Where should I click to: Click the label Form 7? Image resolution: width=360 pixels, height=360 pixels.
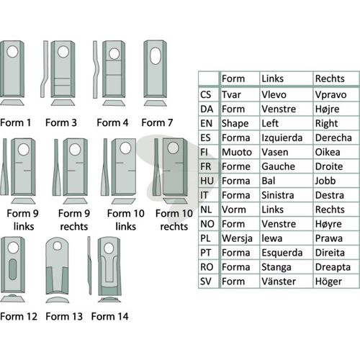(157, 122)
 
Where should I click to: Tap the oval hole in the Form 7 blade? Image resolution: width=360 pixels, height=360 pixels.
(155, 55)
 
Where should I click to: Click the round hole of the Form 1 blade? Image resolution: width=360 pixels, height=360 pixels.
(12, 52)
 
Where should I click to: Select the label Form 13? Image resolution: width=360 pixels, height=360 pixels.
(64, 316)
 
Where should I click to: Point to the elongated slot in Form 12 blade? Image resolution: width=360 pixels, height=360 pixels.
(12, 269)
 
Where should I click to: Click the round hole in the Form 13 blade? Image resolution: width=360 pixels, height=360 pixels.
(58, 246)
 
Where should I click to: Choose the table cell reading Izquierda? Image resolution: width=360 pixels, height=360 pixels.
(282, 138)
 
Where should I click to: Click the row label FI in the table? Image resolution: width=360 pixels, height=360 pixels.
(204, 152)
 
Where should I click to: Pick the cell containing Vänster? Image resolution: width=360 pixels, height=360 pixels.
(279, 282)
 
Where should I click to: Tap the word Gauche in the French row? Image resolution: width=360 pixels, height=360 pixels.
(278, 166)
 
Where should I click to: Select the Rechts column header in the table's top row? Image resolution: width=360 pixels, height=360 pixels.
(330, 78)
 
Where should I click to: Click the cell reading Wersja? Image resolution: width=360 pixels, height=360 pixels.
(237, 238)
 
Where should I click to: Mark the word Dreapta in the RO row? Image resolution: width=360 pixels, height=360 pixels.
(333, 267)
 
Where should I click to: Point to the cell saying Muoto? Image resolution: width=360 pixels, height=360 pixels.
(237, 152)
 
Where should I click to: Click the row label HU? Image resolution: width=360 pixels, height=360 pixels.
(207, 181)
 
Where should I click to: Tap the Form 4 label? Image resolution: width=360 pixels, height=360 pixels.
(112, 122)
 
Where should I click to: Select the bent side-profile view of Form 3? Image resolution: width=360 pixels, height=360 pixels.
(45, 69)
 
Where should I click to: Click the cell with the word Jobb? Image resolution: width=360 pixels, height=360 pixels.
(325, 181)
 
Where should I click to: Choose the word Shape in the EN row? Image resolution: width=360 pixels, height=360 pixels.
(235, 124)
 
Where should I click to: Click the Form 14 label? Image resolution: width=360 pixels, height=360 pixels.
(109, 316)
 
